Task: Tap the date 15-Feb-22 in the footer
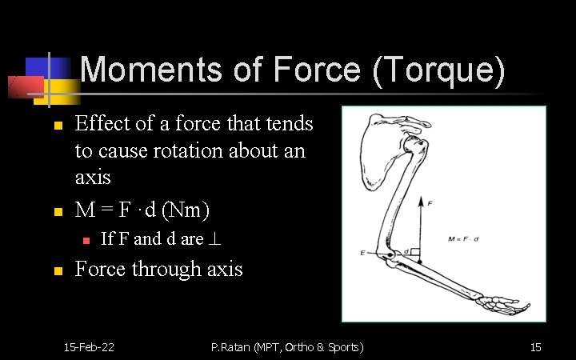coord(89,346)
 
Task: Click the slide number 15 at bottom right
coord(535,346)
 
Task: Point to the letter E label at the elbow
coord(364,254)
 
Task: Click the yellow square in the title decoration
coord(57,88)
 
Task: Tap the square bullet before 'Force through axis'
coord(58,271)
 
